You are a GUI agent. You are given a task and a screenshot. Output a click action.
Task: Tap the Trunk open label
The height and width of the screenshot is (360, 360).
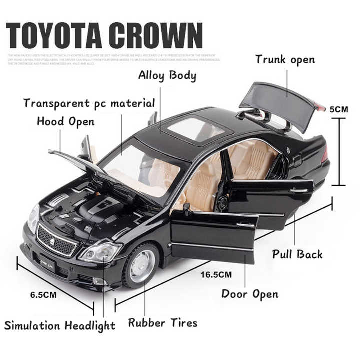pos(285,60)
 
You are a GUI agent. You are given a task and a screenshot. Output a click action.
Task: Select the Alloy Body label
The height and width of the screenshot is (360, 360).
pos(167,76)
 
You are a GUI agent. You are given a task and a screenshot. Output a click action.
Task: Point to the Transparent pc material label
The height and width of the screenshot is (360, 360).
pos(89,104)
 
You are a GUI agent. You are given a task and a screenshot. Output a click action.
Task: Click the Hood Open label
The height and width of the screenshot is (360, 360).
pos(65,121)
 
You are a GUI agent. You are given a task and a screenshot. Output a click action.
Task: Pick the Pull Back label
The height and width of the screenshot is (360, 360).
pos(297,254)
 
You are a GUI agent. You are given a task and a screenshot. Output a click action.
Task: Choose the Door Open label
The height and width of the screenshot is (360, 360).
pos(250,293)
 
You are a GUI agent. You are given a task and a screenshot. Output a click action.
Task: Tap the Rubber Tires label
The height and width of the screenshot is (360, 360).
pos(163,323)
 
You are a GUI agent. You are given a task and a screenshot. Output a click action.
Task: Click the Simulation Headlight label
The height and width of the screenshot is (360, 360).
pos(60,326)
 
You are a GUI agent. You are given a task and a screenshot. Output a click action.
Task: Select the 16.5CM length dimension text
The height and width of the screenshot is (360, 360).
pos(216,274)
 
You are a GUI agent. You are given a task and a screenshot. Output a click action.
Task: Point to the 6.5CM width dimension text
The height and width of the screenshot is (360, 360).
pos(43,294)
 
